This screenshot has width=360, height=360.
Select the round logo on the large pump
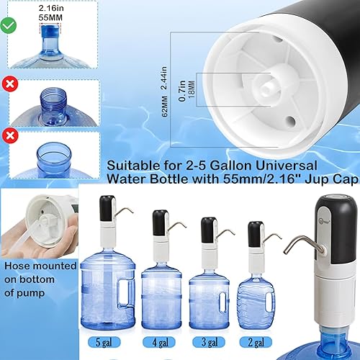(x=324, y=208)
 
